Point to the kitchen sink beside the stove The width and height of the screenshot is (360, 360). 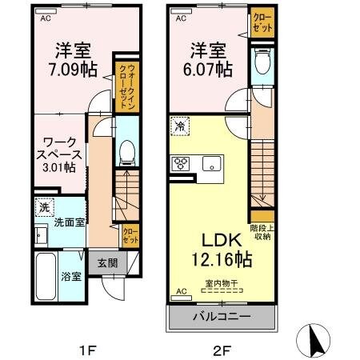point(212,165)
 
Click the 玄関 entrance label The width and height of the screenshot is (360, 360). point(107,262)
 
